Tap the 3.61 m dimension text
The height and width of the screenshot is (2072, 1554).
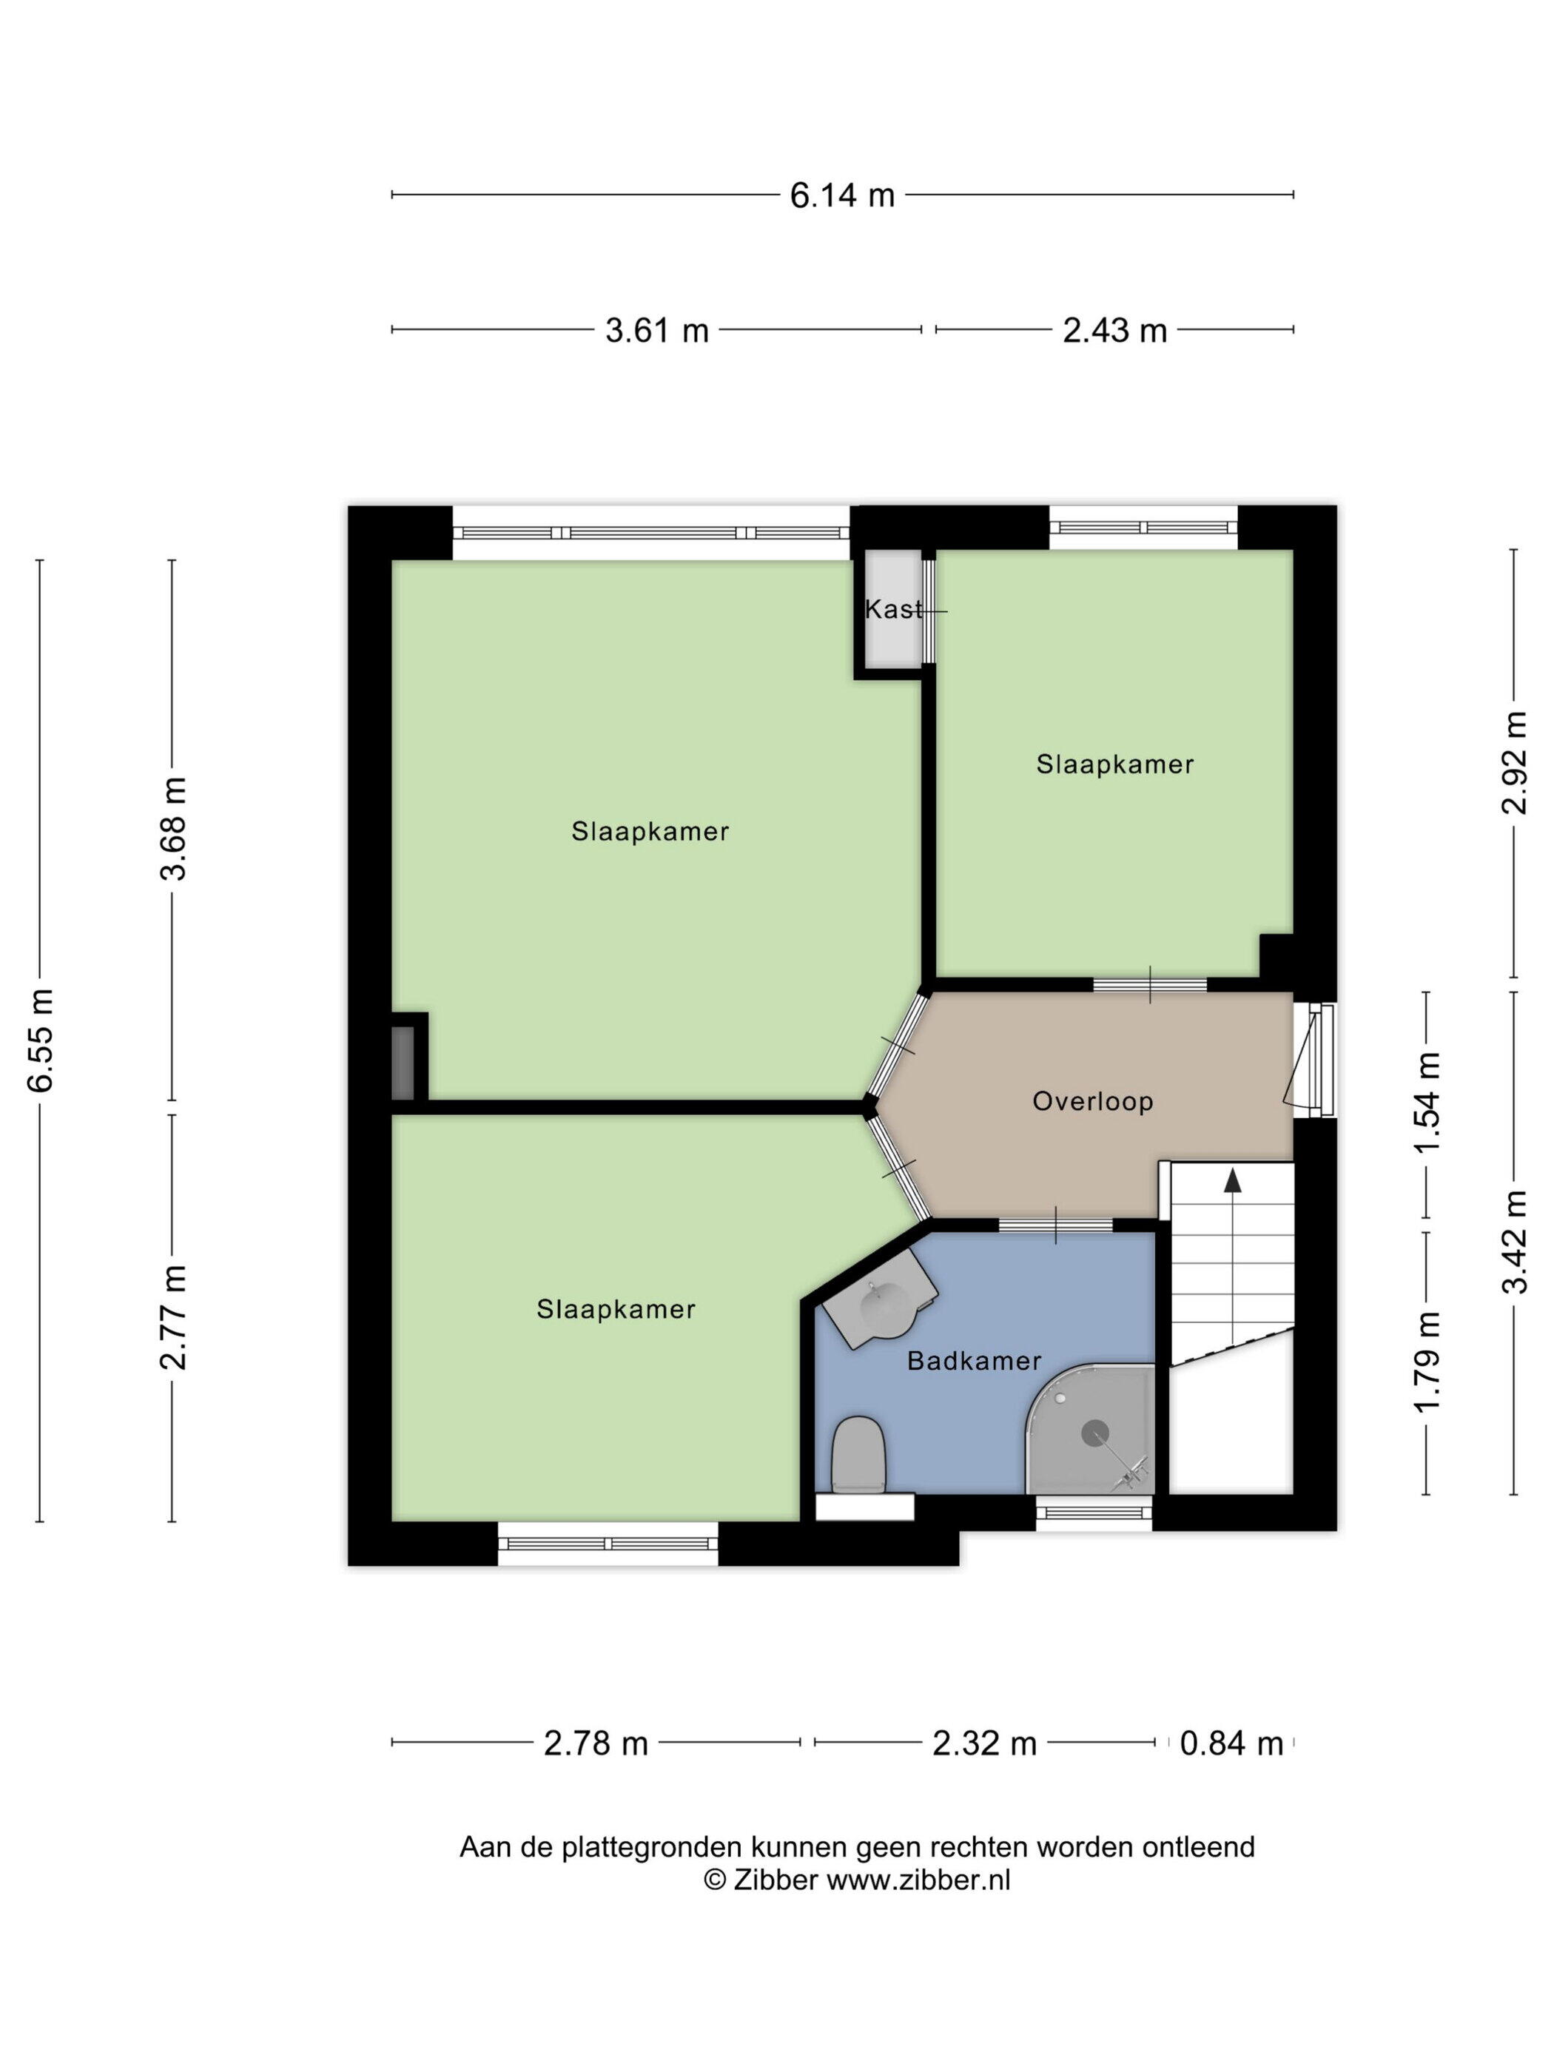[656, 330]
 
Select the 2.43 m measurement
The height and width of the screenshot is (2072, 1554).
[1114, 330]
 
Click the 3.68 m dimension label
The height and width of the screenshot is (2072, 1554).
[173, 828]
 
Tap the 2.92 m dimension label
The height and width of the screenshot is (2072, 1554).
[1515, 762]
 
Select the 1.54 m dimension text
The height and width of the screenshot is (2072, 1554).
[1427, 1104]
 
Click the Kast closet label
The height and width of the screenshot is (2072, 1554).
[892, 610]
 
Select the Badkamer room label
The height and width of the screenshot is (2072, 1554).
[974, 1360]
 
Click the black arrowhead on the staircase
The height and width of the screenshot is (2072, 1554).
[1233, 1181]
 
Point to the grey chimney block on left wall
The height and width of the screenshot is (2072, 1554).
[402, 1063]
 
